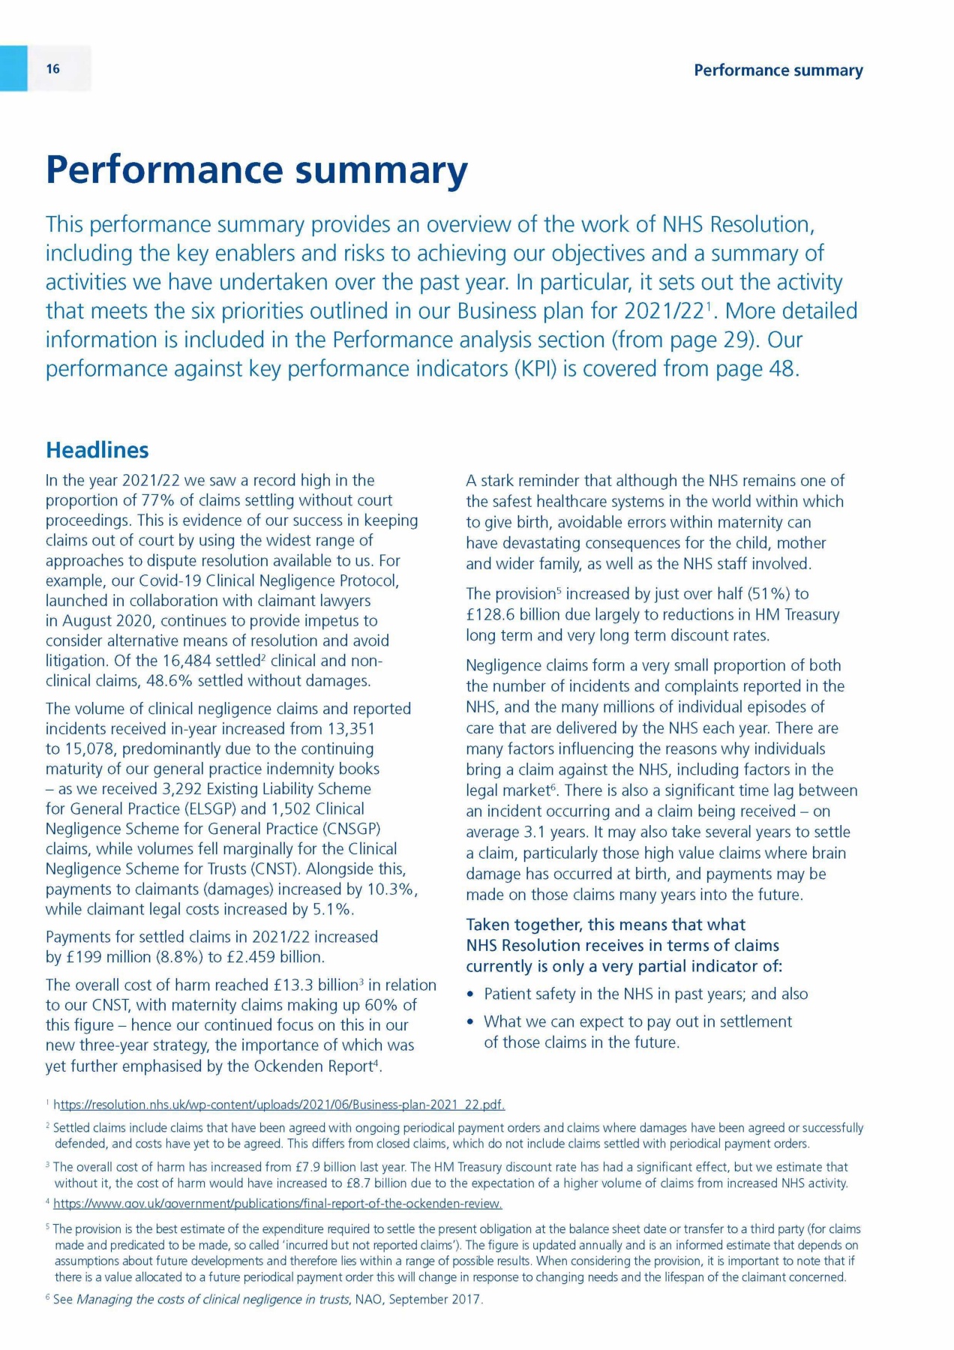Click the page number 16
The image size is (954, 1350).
pyautogui.click(x=52, y=69)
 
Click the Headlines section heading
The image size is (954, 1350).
pyautogui.click(x=97, y=450)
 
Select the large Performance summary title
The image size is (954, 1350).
pyautogui.click(x=256, y=169)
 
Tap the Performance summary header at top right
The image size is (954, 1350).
pyautogui.click(x=778, y=70)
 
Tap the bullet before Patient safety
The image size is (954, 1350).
pyautogui.click(x=470, y=994)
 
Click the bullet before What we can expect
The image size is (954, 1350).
pyautogui.click(x=470, y=1022)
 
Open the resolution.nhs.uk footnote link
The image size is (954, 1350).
pyautogui.click(x=279, y=1105)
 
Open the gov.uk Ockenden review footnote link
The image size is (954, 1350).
pyautogui.click(x=277, y=1204)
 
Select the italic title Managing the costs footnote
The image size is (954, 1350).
pyautogui.click(x=213, y=1299)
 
